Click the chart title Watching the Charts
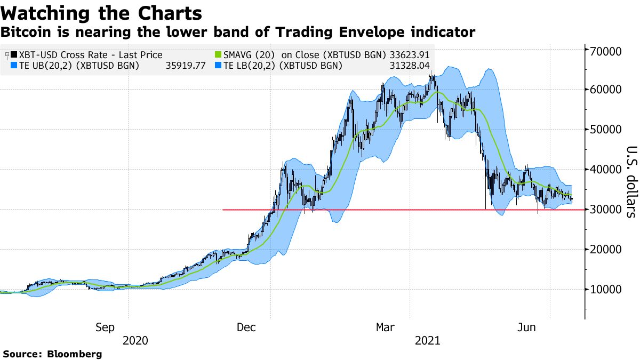click(x=102, y=13)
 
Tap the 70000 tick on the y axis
click(x=607, y=51)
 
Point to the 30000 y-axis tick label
click(x=607, y=210)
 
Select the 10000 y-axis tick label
click(x=607, y=290)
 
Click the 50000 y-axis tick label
click(x=607, y=130)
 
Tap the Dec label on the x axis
click(x=247, y=327)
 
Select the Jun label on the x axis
click(x=527, y=327)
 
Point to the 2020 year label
click(x=136, y=340)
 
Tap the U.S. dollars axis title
click(x=631, y=182)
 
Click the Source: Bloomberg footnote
click(x=52, y=354)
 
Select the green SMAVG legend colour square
click(x=218, y=55)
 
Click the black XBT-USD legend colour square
click(x=13, y=55)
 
